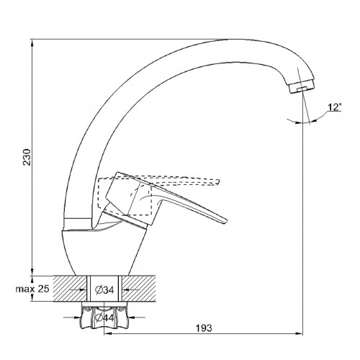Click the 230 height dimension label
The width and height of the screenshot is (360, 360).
point(27,157)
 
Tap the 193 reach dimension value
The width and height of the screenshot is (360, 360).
point(204,328)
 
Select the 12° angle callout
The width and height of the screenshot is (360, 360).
point(335,107)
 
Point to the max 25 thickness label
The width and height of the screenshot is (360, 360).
point(32,289)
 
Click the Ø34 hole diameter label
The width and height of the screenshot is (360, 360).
point(104,290)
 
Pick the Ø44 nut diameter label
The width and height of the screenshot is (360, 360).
point(104,318)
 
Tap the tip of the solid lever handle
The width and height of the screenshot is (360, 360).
point(225,222)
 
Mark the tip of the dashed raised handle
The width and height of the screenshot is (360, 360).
point(219,182)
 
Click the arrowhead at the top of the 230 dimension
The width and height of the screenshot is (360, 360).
point(32,41)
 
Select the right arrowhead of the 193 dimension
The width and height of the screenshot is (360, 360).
point(300,333)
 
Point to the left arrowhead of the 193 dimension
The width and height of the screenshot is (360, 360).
point(107,333)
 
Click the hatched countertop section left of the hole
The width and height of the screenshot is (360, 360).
point(70,288)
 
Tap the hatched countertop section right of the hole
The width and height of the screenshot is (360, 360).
point(138,288)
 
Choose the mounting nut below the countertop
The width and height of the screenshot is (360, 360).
point(104,315)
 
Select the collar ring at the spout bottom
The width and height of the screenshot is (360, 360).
point(78,224)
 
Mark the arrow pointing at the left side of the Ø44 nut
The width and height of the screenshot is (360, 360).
point(72,318)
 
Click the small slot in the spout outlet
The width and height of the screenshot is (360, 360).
point(302,89)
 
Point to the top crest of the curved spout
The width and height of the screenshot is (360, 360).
point(230,40)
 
